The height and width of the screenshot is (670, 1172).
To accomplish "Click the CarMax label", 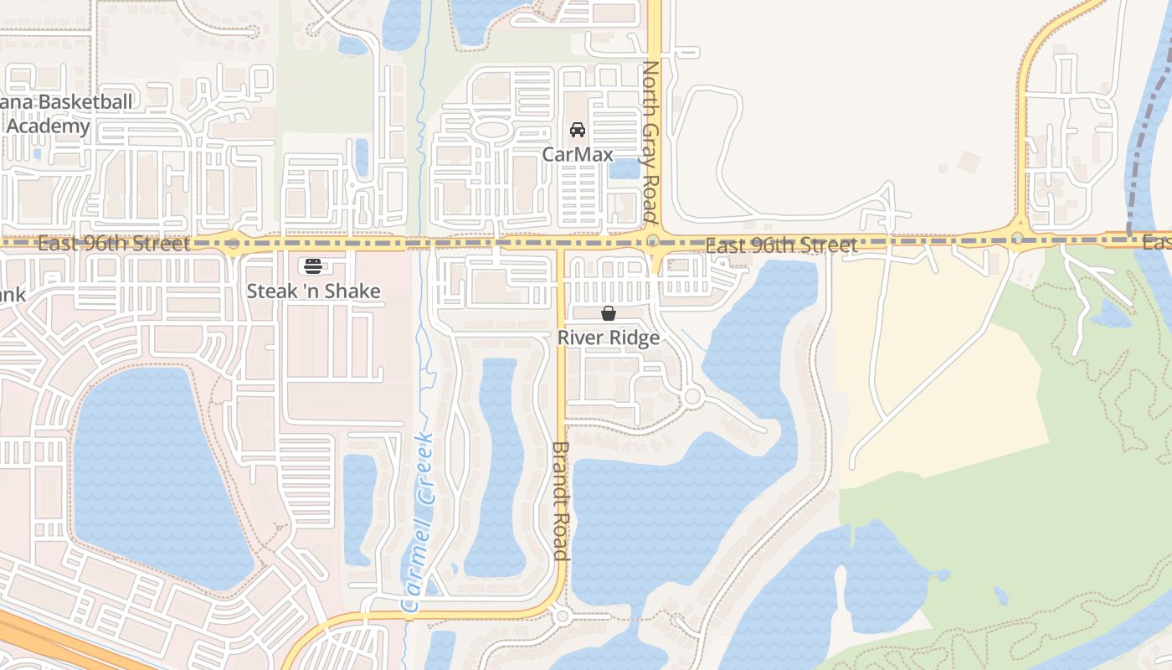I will [578, 154].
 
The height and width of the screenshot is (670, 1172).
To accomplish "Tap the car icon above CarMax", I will [577, 130].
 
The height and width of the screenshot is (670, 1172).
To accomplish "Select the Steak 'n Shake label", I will [313, 291].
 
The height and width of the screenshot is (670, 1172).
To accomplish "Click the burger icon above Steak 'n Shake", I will [313, 266].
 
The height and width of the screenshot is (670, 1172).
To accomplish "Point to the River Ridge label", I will [609, 338].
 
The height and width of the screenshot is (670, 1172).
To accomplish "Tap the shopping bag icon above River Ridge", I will [609, 313].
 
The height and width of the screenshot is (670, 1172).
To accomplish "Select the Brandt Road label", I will [561, 501].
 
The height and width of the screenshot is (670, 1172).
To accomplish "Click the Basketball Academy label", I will [67, 115].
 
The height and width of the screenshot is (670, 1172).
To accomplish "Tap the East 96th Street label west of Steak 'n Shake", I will [114, 244].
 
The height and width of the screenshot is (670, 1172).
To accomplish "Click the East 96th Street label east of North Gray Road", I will [781, 245].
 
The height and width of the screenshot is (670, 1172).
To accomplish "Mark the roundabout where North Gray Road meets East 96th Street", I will [654, 242].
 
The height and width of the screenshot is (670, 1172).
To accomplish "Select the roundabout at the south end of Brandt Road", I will [563, 616].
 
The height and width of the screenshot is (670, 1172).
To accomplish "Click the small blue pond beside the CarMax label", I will [625, 168].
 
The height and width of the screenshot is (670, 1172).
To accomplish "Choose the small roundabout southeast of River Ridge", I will [692, 396].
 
